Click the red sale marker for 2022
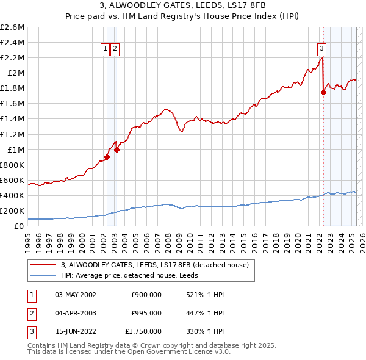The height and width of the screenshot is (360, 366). coord(323,92)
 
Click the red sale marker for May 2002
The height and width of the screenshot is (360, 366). coord(107,157)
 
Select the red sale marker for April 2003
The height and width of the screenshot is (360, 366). coord(117,149)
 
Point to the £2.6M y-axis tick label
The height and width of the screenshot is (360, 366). coord(12,27)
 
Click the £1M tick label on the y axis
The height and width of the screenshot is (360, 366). coord(16,149)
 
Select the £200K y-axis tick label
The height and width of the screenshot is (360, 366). coord(12,211)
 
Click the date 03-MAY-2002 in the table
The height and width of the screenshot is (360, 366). coord(76,295)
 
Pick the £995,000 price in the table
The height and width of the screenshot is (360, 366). coord(146,313)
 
